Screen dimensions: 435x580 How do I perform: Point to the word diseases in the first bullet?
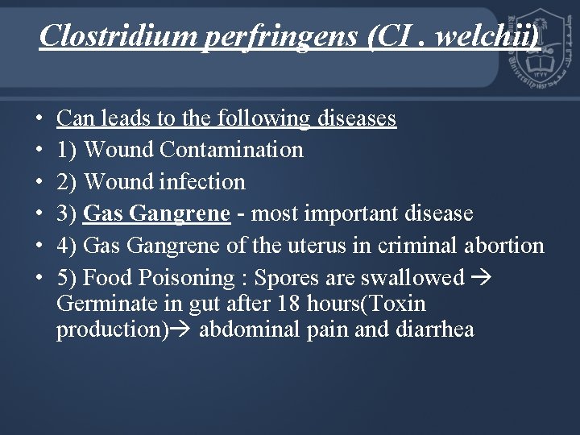tap(357, 119)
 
